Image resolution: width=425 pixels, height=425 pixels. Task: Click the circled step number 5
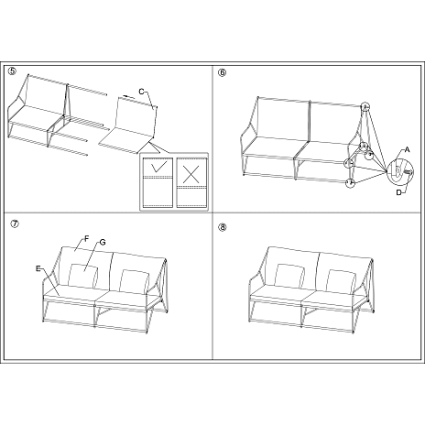12,71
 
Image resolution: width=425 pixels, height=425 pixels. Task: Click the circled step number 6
223,71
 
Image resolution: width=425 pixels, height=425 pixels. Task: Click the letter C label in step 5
141,90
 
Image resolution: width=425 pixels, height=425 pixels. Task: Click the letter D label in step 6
399,191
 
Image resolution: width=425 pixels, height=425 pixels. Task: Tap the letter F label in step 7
85,238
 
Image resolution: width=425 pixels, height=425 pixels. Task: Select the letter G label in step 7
103,242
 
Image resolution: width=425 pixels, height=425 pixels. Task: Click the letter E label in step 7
38,268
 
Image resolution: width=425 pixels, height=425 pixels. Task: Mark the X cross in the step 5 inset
191,170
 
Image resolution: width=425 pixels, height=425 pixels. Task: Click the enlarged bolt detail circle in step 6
398,170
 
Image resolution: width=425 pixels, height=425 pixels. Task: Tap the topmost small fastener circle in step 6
365,106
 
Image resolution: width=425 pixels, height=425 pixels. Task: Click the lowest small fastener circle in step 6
350,183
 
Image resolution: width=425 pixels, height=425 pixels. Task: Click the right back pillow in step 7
135,279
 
